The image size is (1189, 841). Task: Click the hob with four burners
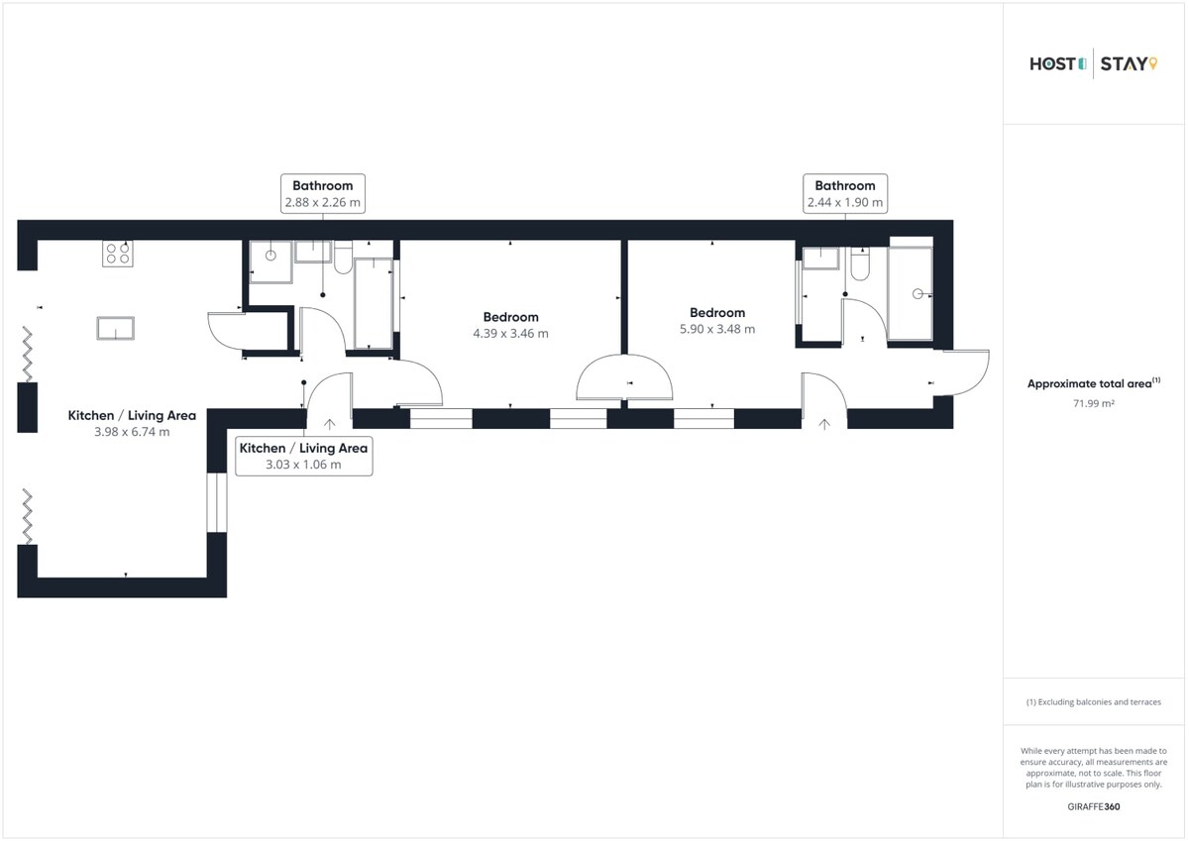[117, 254]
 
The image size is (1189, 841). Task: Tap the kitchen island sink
[115, 328]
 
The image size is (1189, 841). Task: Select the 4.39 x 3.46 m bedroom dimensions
[510, 333]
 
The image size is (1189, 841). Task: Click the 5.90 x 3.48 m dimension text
[717, 329]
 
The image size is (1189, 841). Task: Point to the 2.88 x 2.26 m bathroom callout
[323, 194]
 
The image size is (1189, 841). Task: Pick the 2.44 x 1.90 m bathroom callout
[845, 194]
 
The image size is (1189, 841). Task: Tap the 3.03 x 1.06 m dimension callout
[303, 457]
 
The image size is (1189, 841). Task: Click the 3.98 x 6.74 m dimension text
[132, 432]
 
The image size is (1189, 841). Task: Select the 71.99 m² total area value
[1094, 403]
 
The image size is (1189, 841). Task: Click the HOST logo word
[1052, 64]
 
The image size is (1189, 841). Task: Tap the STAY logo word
[1124, 64]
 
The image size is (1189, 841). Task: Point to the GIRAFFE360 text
[1094, 806]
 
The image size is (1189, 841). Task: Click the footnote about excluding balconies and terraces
[1094, 702]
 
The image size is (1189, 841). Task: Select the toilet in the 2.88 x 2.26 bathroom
[344, 258]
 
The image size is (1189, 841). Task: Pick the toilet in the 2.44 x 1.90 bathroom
[860, 264]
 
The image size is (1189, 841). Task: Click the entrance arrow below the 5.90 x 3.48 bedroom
[824, 424]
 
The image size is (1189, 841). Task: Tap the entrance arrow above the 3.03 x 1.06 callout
[330, 424]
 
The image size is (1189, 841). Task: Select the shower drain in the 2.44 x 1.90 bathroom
[918, 294]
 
